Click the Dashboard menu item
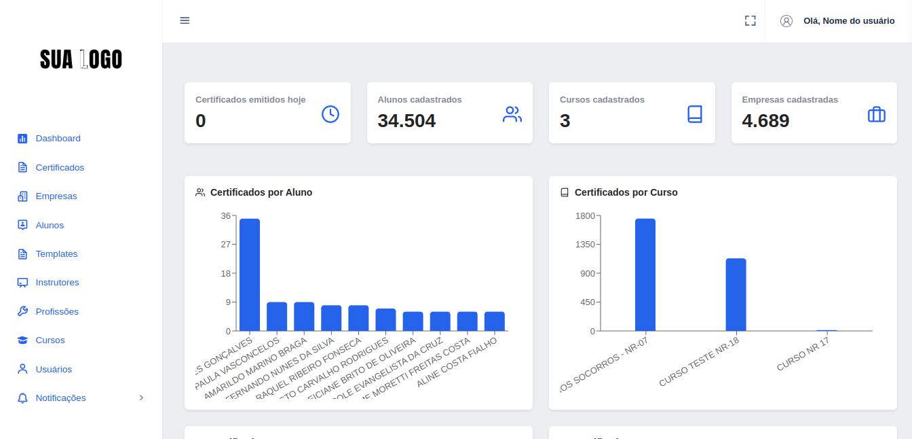(x=58, y=139)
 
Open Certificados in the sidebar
(x=60, y=167)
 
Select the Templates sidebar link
(x=56, y=254)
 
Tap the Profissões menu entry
(x=57, y=312)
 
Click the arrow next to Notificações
(x=141, y=398)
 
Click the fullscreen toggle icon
(x=750, y=21)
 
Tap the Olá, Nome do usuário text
(x=848, y=21)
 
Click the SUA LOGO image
(x=81, y=60)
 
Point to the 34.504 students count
(x=406, y=121)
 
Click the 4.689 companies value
(x=765, y=121)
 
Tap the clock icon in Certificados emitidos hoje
(x=330, y=114)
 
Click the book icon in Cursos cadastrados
(x=694, y=114)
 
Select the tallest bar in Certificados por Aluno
(x=250, y=275)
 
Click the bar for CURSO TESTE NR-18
(x=736, y=294)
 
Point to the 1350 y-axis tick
(x=585, y=245)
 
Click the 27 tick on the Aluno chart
(x=225, y=245)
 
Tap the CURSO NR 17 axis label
(x=803, y=355)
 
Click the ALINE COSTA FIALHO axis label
(x=457, y=364)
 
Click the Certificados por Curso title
(x=626, y=192)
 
